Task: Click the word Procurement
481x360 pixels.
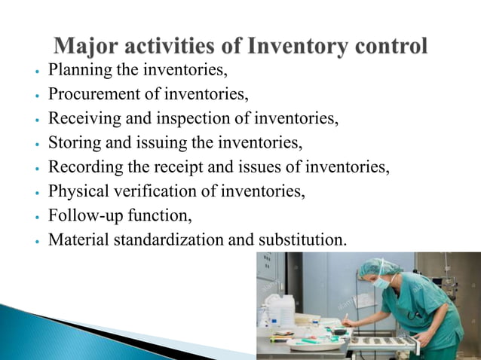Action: point(93,95)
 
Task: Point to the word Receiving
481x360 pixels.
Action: point(81,119)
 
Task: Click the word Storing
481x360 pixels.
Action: point(72,143)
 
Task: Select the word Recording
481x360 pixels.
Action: point(83,167)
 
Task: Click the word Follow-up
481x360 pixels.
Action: point(83,215)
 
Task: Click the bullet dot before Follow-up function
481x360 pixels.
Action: point(35,217)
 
